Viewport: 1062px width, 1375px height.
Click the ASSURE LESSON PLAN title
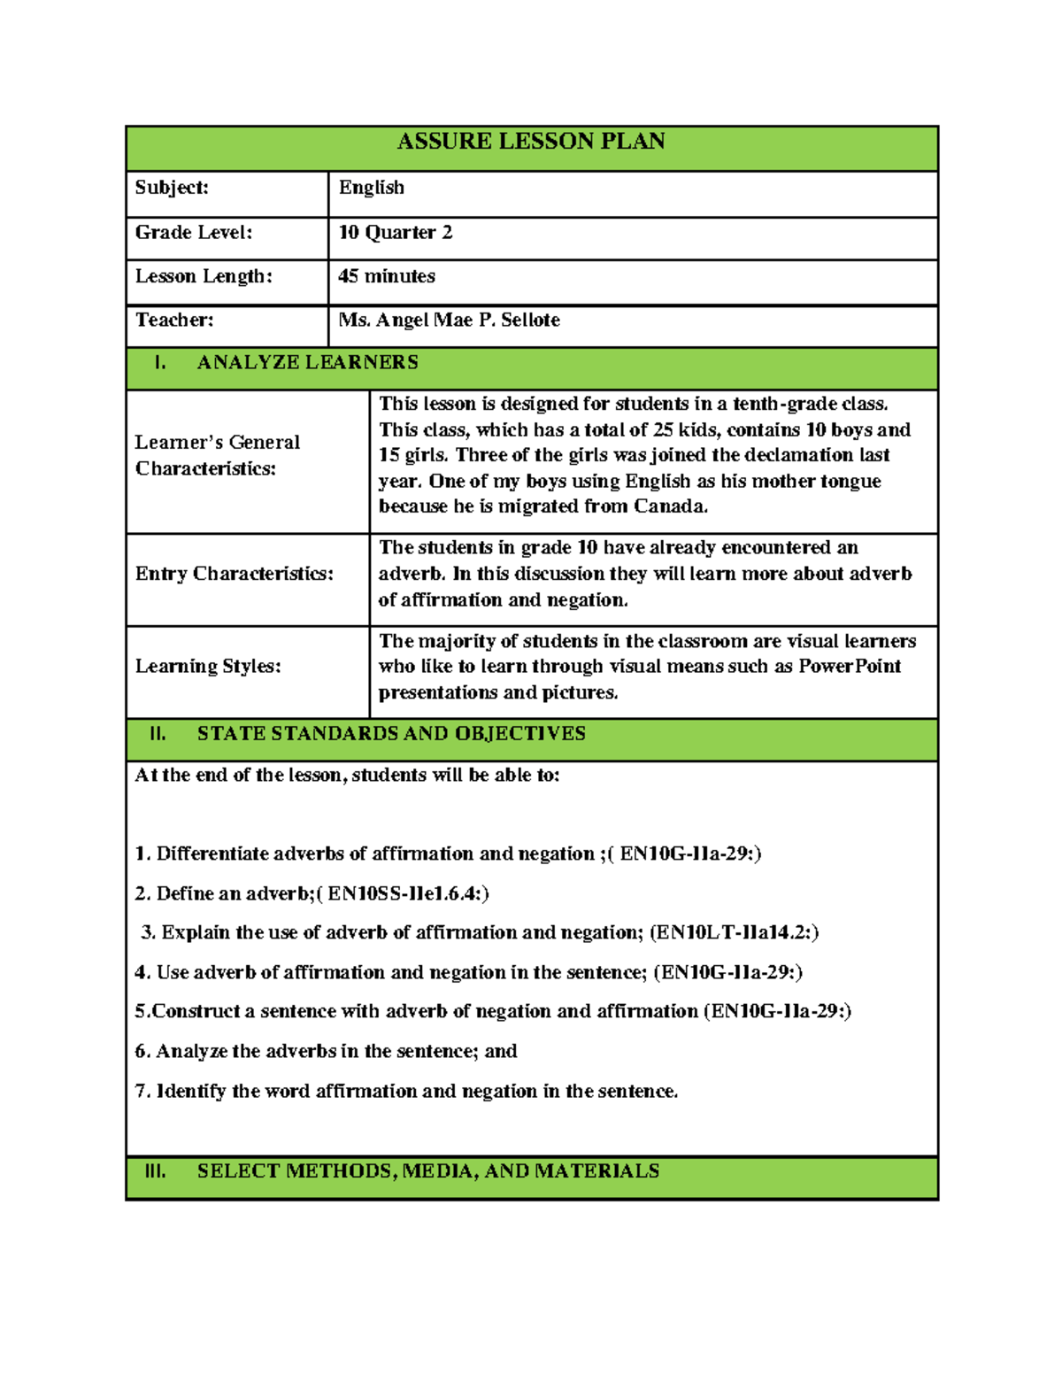pyautogui.click(x=531, y=142)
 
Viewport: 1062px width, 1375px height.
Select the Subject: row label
pyautogui.click(x=172, y=188)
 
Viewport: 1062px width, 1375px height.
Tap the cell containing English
pyautogui.click(x=372, y=188)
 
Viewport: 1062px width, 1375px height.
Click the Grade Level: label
pyautogui.click(x=194, y=233)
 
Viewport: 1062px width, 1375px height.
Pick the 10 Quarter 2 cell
pyautogui.click(x=396, y=233)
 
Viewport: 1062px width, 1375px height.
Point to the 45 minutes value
pyautogui.click(x=387, y=276)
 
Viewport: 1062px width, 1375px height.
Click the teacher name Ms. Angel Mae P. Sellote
pyautogui.click(x=450, y=320)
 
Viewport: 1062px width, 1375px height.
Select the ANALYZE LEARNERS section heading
pyautogui.click(x=307, y=362)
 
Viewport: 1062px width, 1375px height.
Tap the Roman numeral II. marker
pyautogui.click(x=158, y=733)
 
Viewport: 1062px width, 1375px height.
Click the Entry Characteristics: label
pyautogui.click(x=235, y=574)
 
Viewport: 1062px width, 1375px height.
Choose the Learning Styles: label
pyautogui.click(x=208, y=666)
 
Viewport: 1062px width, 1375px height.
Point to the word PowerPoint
pyautogui.click(x=850, y=666)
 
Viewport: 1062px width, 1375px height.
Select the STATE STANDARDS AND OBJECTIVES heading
pyautogui.click(x=391, y=733)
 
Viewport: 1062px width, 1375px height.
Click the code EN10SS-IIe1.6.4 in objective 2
pyautogui.click(x=404, y=893)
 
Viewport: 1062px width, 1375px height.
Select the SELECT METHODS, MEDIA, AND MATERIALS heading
pyautogui.click(x=428, y=1170)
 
